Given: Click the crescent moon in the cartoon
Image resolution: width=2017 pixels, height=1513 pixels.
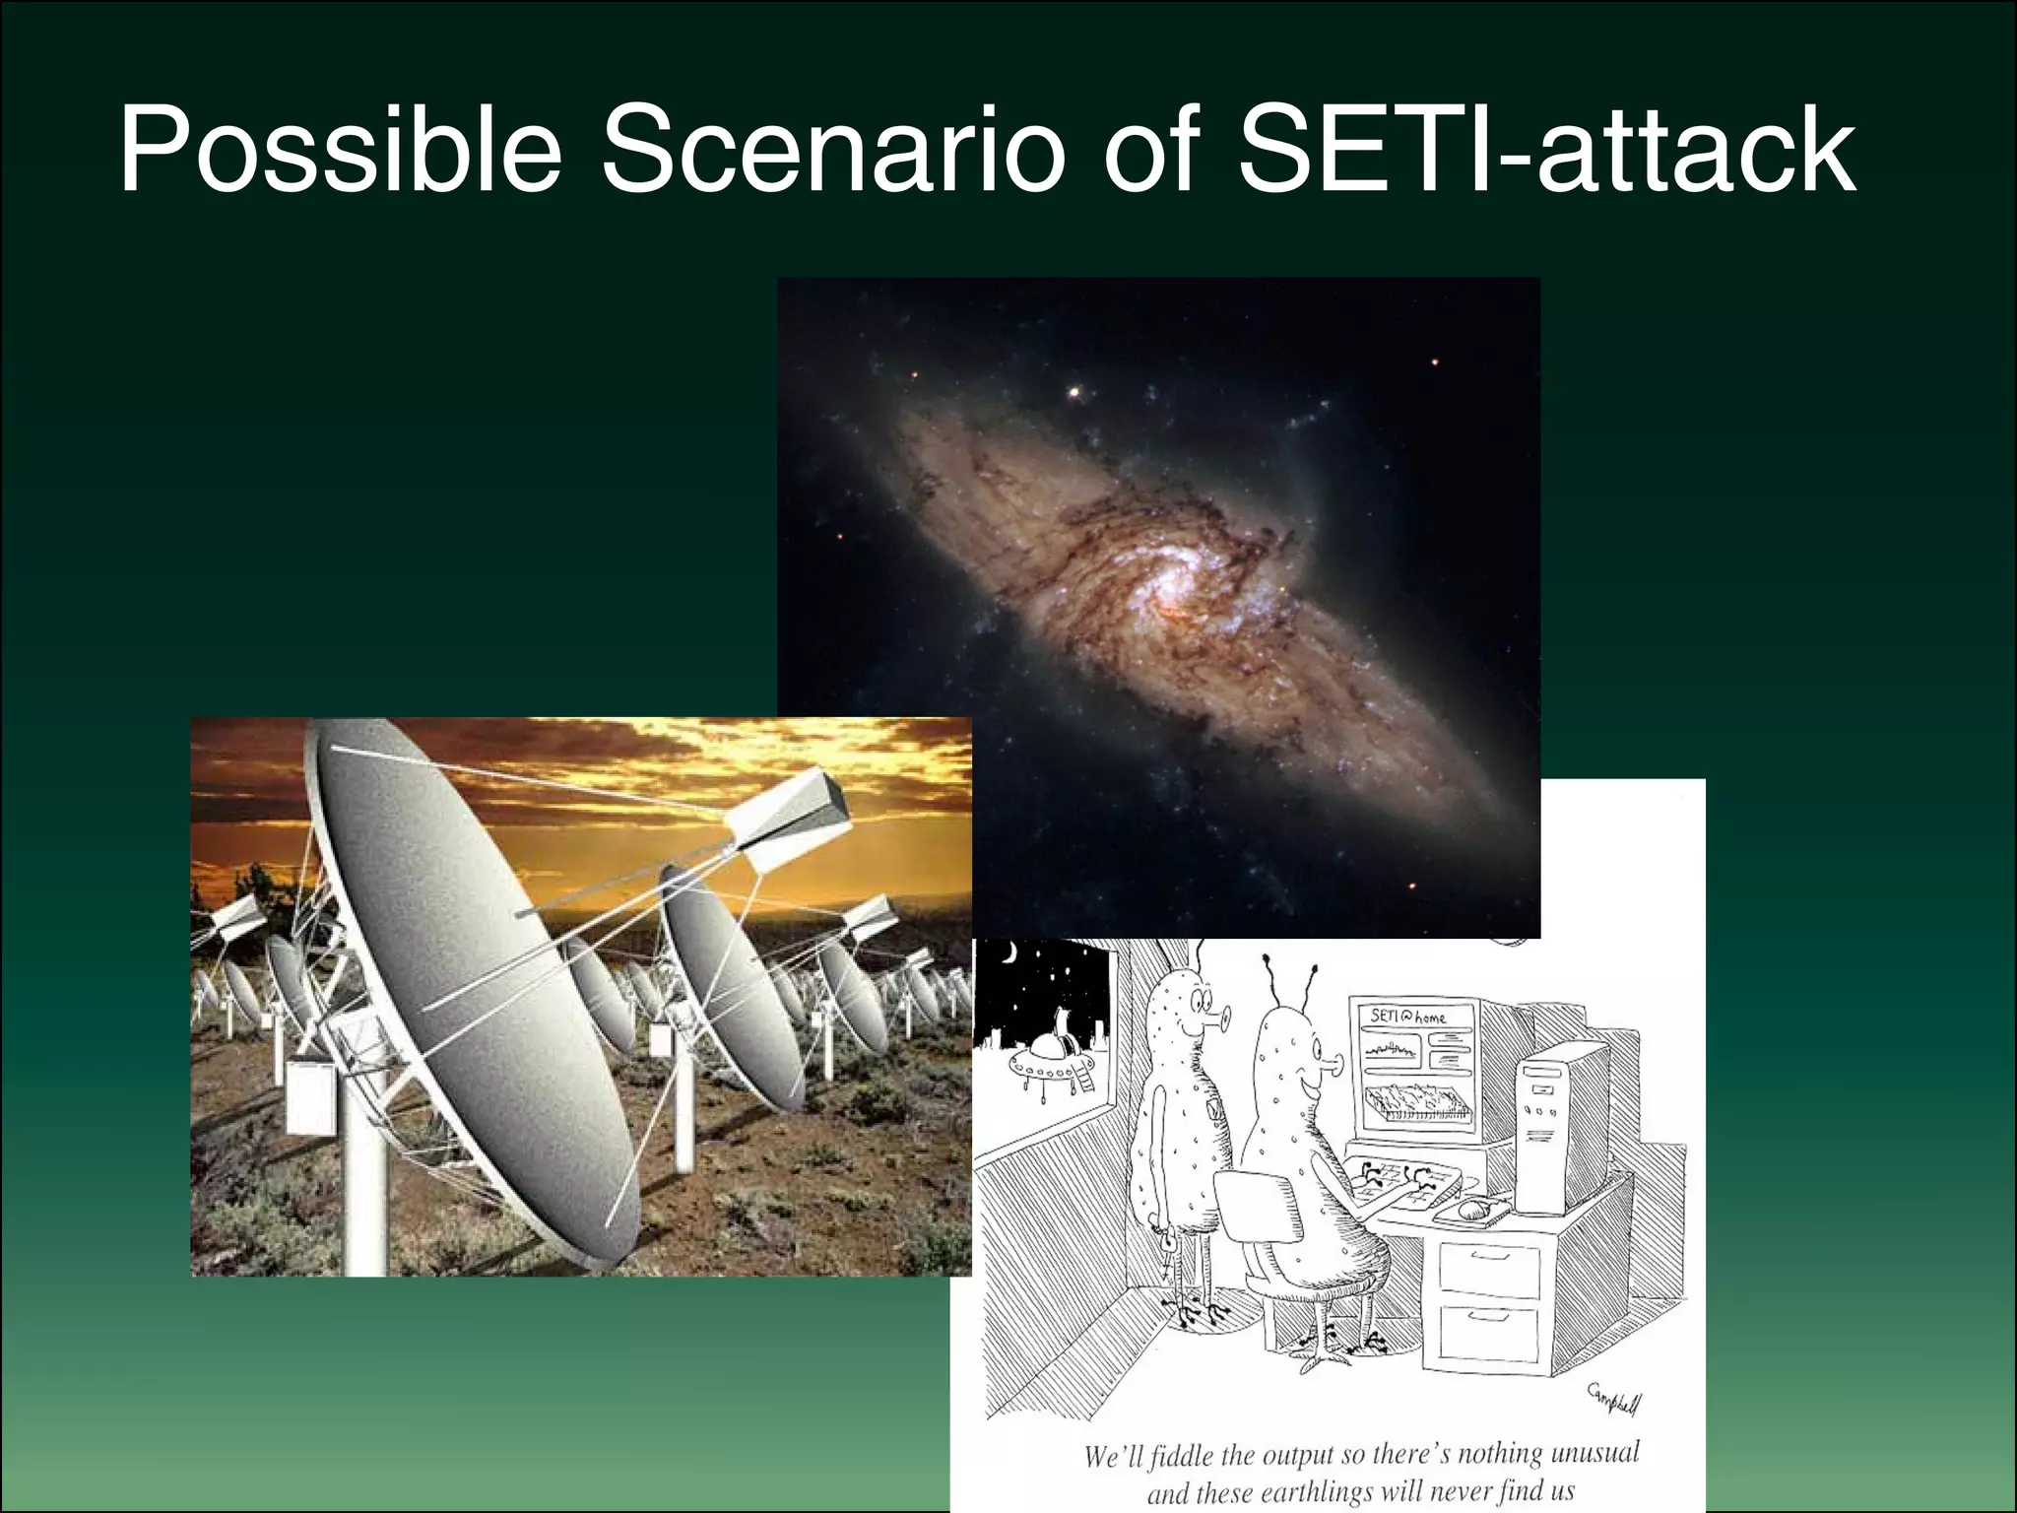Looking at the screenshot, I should pyautogui.click(x=1009, y=954).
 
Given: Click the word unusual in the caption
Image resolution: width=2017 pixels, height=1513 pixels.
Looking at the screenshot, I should pyautogui.click(x=1594, y=1453).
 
